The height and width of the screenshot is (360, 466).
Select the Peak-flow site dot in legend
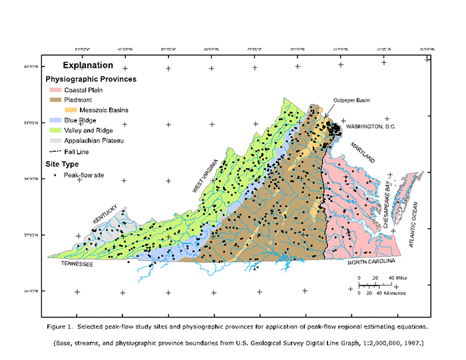(54, 176)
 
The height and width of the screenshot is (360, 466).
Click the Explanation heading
(88, 66)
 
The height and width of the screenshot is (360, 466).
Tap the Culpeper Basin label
(351, 100)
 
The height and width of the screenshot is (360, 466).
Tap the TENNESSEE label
(75, 264)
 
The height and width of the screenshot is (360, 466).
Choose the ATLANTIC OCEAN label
(413, 224)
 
